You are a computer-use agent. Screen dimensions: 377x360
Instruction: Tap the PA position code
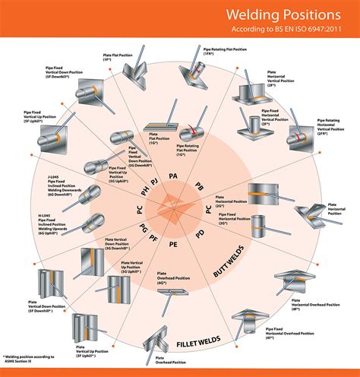(x=173, y=176)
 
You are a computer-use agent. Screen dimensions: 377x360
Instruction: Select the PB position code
(x=198, y=186)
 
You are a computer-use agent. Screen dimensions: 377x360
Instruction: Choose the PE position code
(x=173, y=245)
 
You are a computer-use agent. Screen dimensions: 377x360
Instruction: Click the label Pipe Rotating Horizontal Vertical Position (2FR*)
(x=333, y=127)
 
